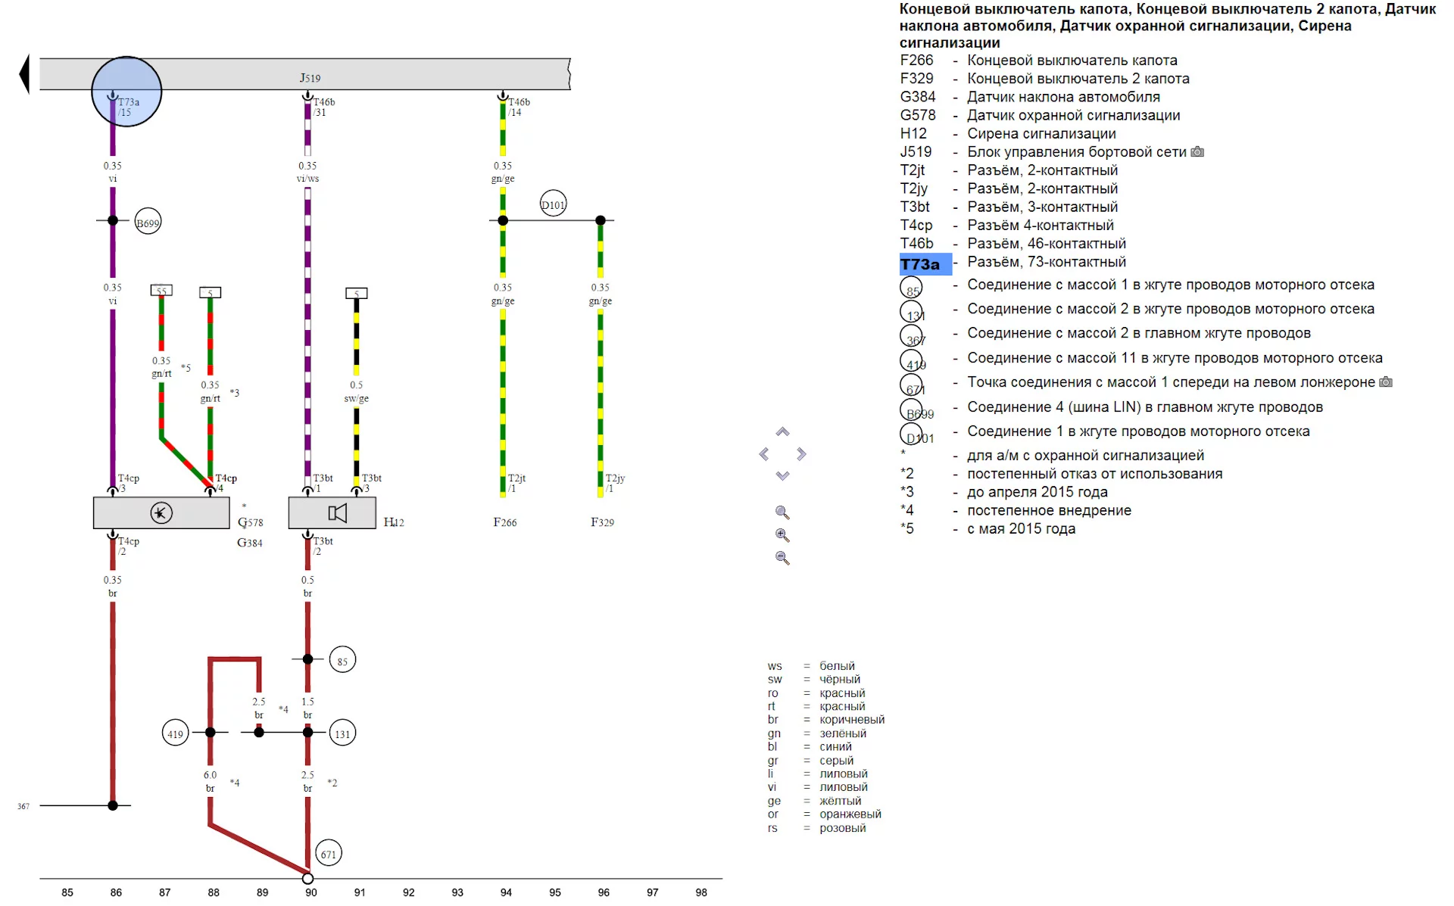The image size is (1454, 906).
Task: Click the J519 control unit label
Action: point(310,77)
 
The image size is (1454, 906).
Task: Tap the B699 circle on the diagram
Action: point(148,222)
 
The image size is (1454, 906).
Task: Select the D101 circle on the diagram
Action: point(553,204)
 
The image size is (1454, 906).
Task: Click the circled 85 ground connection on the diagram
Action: point(342,661)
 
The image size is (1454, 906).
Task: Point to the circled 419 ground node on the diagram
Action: point(175,733)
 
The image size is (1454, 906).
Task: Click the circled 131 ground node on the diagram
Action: point(342,733)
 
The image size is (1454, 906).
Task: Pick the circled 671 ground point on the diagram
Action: point(328,854)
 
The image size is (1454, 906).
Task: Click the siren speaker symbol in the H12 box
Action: point(337,513)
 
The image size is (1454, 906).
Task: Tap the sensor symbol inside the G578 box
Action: point(161,513)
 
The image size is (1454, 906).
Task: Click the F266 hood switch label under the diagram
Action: point(504,522)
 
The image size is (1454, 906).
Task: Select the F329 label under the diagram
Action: point(602,522)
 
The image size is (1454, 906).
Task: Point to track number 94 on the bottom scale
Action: point(506,892)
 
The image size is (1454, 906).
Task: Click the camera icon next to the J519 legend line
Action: point(1197,152)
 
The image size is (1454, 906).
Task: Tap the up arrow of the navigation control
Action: point(782,432)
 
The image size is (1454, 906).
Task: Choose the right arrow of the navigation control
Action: point(801,454)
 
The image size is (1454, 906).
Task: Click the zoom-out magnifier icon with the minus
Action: point(782,559)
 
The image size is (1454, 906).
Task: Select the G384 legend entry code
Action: point(917,97)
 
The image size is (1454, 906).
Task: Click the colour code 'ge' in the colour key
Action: point(773,801)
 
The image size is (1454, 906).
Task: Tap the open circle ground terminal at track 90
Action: point(307,879)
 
